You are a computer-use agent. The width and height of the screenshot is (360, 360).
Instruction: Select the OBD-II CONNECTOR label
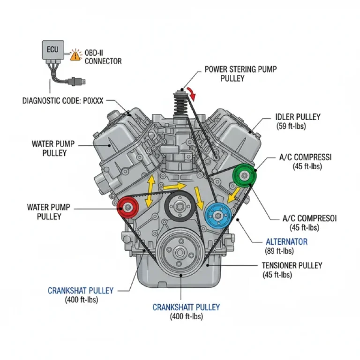pos(103,57)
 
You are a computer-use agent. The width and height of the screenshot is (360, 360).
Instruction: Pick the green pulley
pos(244,176)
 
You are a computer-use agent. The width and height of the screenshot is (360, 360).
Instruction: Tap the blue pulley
pos(217,215)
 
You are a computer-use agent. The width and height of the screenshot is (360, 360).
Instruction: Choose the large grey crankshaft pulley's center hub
pos(180,253)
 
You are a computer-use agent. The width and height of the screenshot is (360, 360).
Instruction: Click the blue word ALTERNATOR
pos(286,242)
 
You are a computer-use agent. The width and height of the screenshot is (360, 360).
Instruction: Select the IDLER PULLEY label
pos(298,117)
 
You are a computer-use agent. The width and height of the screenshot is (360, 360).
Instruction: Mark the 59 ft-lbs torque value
pos(292,126)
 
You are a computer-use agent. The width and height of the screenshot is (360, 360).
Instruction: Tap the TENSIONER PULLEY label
pos(292,265)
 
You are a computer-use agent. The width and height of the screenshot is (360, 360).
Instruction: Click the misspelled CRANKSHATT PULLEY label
pos(186,307)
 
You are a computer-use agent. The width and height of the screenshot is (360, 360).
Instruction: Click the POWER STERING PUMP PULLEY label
pos(240,74)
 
